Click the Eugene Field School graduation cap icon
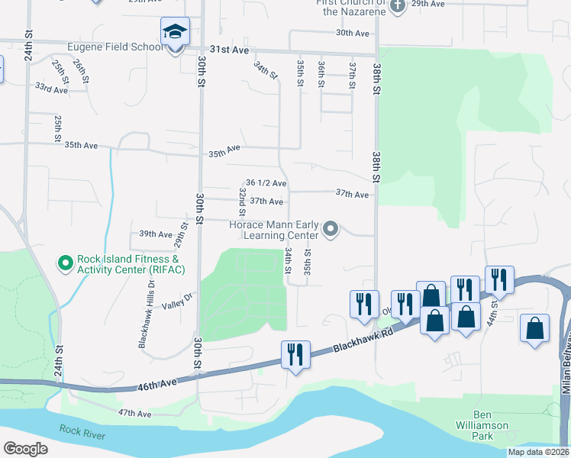(175, 32)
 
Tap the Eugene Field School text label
(115, 47)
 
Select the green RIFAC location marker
(66, 263)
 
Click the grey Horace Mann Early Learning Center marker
(331, 229)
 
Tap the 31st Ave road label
(231, 50)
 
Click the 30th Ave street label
(352, 34)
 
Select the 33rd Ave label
(51, 89)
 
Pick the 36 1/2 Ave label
(266, 183)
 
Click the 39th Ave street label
(156, 234)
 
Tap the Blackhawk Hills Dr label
(147, 314)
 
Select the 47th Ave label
(134, 413)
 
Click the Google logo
(26, 449)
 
